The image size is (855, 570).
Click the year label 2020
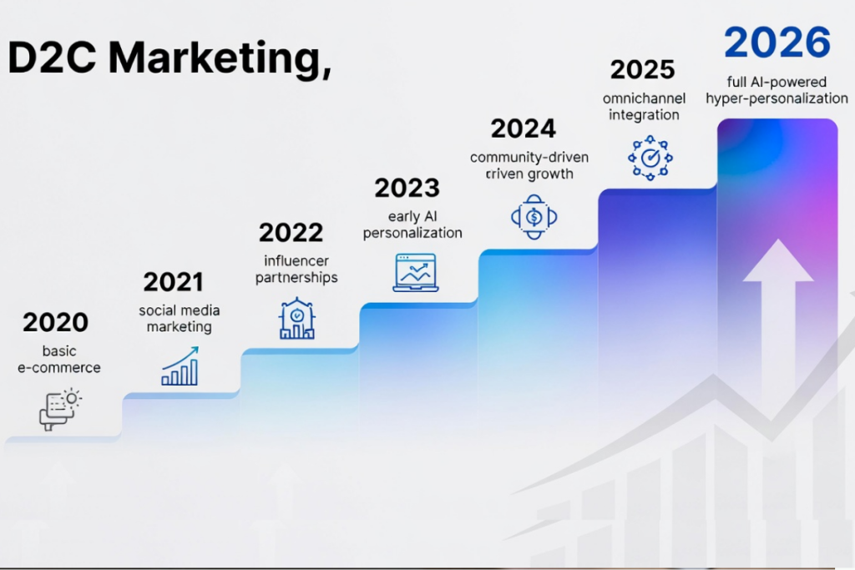point(55,322)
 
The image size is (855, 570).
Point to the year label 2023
point(407,188)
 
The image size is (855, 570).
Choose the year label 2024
point(523,129)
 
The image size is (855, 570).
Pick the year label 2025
point(643,69)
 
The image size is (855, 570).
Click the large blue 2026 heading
point(777,43)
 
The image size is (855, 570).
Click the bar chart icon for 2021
point(180,367)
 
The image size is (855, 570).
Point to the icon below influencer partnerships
point(296,320)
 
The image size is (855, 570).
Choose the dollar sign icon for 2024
point(534,218)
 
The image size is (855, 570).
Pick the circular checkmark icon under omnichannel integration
point(650,157)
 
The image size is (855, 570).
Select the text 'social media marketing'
point(179,319)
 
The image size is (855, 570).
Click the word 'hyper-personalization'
point(777,98)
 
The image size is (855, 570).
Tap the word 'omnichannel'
point(644,98)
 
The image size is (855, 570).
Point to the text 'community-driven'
point(529,158)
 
